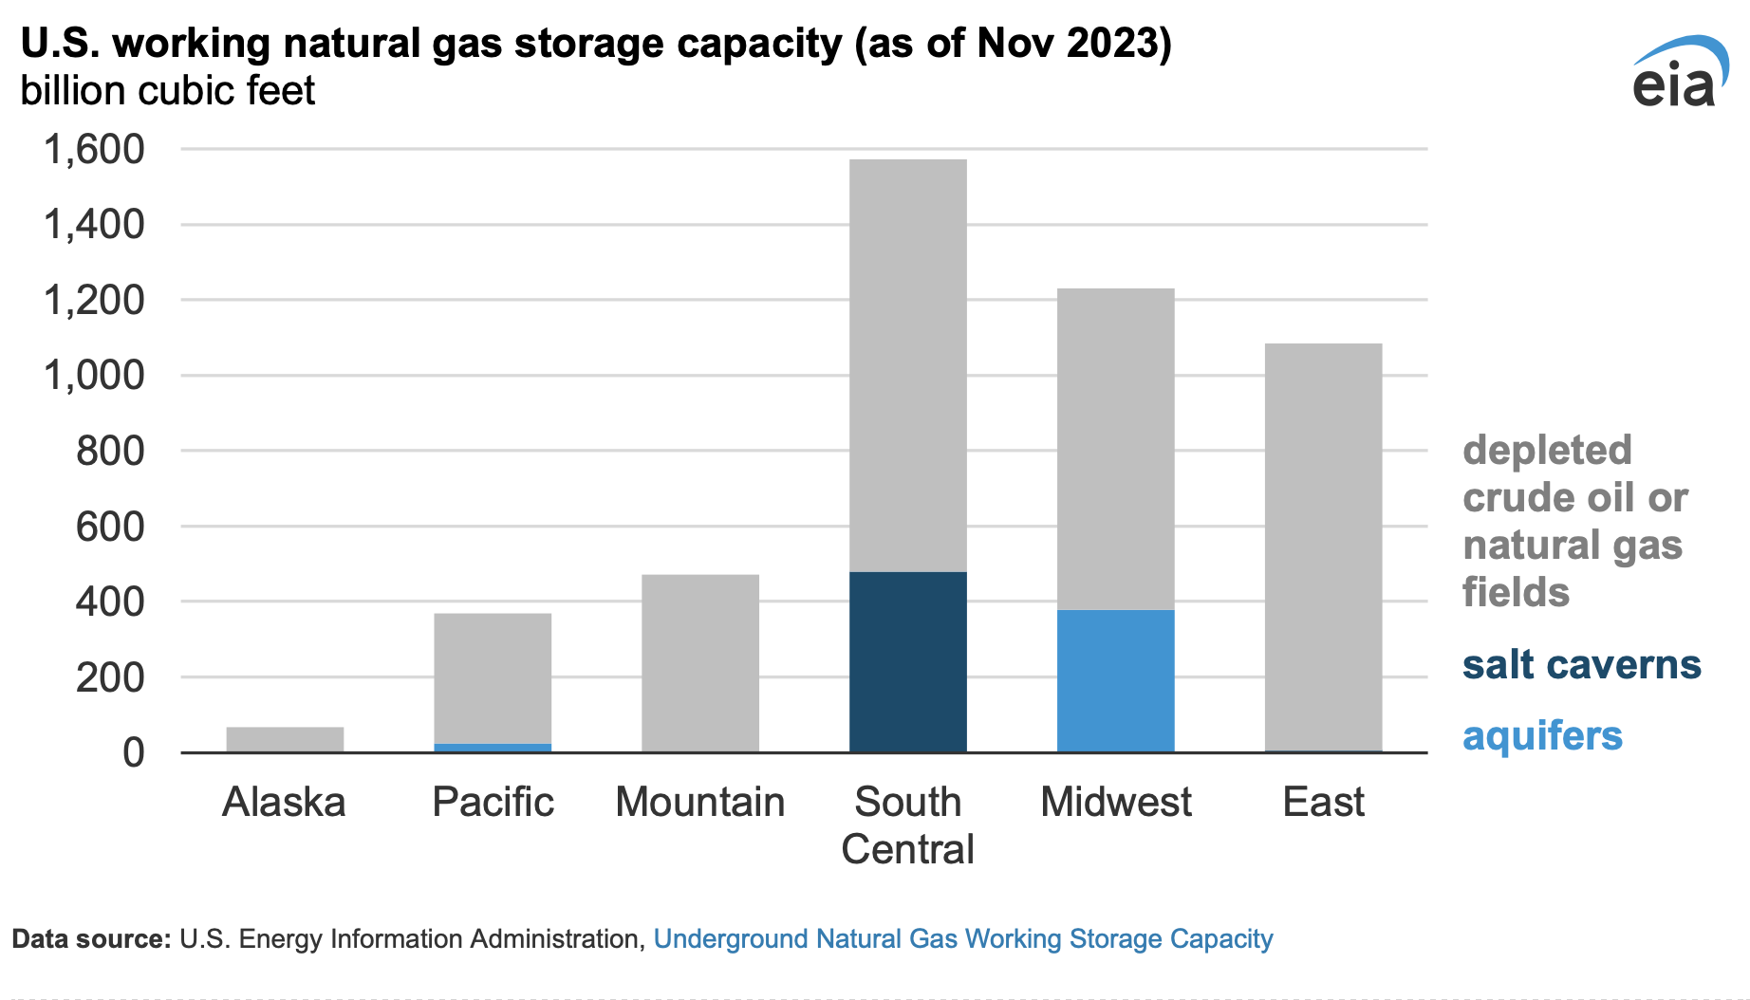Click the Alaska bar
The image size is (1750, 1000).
click(285, 739)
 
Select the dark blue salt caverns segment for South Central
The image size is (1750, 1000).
click(907, 661)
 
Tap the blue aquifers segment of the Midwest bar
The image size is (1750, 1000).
click(1115, 680)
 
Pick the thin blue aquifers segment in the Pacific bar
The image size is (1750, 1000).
click(493, 748)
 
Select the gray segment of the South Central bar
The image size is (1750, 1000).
click(907, 365)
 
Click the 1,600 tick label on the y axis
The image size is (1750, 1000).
click(94, 149)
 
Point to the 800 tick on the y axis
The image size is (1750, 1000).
click(110, 451)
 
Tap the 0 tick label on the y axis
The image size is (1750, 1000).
click(134, 752)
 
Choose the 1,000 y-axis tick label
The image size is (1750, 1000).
click(94, 376)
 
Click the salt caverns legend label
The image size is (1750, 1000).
click(1581, 664)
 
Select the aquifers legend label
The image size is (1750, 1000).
click(1542, 735)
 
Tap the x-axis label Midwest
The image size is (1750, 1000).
click(1115, 802)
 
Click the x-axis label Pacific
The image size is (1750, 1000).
click(493, 802)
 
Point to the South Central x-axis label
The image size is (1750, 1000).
click(907, 824)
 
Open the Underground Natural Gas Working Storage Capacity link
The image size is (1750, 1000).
click(962, 938)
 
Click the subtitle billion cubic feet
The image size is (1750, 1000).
click(168, 91)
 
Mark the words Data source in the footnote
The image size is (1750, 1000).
click(91, 938)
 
